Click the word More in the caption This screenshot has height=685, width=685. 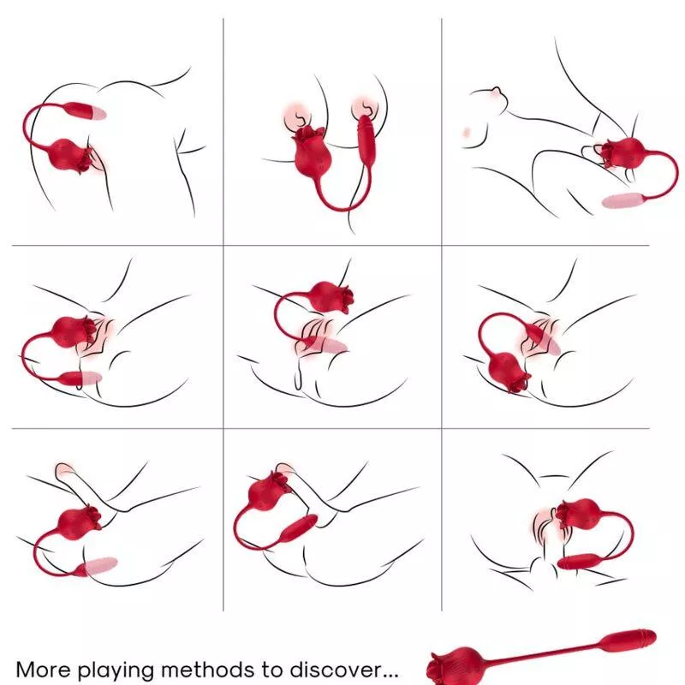[x=43, y=669]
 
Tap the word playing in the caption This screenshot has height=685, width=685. [x=116, y=670]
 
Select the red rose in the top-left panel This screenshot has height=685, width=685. [x=71, y=155]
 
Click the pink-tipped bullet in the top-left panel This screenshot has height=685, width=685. [x=85, y=111]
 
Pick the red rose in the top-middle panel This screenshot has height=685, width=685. [x=311, y=151]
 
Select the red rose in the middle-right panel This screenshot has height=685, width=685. [x=507, y=371]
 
